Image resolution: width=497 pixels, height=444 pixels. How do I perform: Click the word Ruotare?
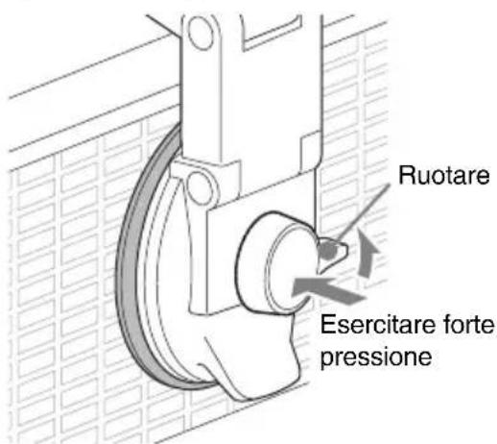(444, 175)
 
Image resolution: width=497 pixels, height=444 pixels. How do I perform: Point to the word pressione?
(376, 357)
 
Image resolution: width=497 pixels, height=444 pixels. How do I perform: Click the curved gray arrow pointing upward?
(367, 253)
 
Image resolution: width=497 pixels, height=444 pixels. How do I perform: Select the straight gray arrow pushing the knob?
(328, 290)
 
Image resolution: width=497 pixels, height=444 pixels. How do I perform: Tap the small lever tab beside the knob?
(333, 253)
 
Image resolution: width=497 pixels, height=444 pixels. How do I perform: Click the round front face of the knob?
(290, 269)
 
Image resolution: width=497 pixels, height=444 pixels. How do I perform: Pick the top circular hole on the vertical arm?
(201, 32)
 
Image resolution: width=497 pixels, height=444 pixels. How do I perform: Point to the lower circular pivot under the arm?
(199, 187)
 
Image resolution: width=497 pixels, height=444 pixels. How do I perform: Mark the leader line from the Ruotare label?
(363, 212)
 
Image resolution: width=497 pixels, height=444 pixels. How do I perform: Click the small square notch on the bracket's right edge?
(311, 152)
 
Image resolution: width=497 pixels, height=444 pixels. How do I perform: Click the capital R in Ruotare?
(406, 175)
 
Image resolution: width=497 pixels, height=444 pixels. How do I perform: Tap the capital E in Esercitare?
(328, 325)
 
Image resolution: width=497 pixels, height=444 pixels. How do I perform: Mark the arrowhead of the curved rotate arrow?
(367, 238)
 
